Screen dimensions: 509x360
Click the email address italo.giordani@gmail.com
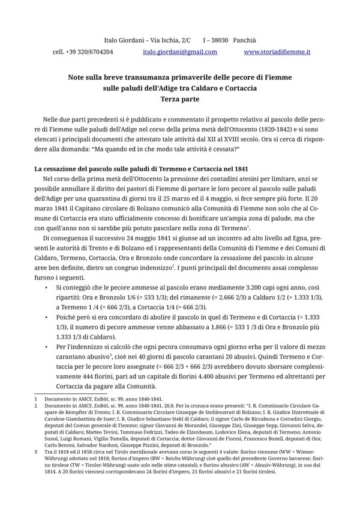(x=180, y=52)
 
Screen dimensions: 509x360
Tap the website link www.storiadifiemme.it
(x=277, y=52)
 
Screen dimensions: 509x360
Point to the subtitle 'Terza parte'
(x=179, y=99)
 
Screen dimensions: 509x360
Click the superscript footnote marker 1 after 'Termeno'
(x=232, y=225)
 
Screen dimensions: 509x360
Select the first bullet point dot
(x=47, y=288)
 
